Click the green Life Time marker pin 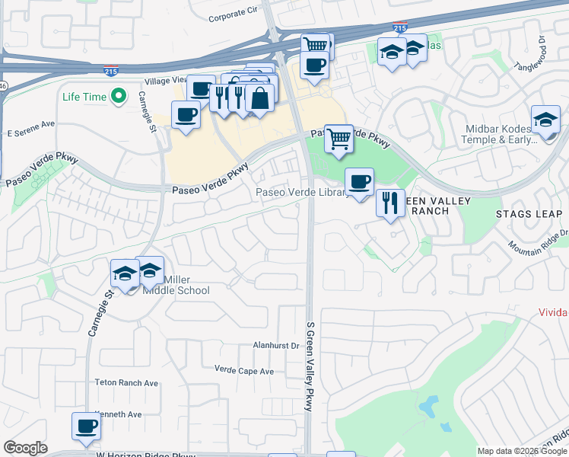pyautogui.click(x=118, y=96)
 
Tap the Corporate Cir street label pyautogui.click(x=233, y=15)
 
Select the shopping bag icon pyautogui.click(x=259, y=98)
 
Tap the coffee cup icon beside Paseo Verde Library pyautogui.click(x=359, y=181)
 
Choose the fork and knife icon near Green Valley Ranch pyautogui.click(x=389, y=203)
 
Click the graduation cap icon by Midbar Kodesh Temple pyautogui.click(x=545, y=120)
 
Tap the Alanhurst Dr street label pyautogui.click(x=275, y=345)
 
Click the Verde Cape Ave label pyautogui.click(x=243, y=371)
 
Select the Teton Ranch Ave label pyautogui.click(x=126, y=382)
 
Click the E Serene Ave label pyautogui.click(x=31, y=123)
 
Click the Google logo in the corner pyautogui.click(x=25, y=448)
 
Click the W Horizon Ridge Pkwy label pyautogui.click(x=145, y=454)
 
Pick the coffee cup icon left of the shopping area pyautogui.click(x=185, y=117)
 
